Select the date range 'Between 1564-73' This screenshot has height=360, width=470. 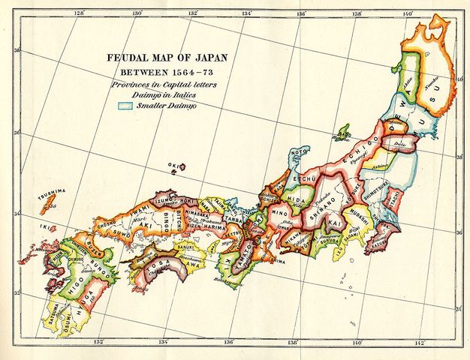pos(161,73)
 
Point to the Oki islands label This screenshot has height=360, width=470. pos(175,166)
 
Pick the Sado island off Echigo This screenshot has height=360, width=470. pos(343,135)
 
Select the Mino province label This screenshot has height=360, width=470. pos(280,213)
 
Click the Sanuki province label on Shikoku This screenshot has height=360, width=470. pos(185,244)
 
